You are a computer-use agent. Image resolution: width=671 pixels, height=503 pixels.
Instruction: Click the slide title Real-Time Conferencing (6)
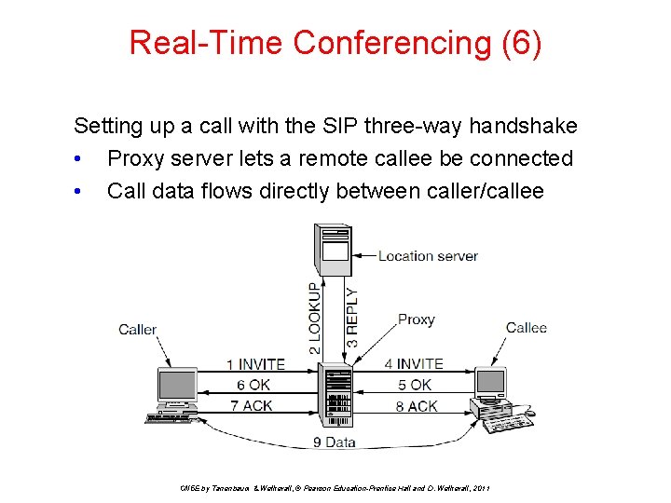click(x=335, y=43)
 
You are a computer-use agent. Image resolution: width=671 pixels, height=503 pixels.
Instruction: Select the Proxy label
click(x=416, y=319)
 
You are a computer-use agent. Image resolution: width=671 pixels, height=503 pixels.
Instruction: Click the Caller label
click(x=137, y=329)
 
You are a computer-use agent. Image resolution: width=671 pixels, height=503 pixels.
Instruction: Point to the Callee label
click(x=526, y=327)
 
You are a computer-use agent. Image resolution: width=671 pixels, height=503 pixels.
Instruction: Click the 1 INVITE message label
click(x=255, y=364)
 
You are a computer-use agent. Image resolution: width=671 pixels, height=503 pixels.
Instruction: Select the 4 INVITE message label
click(x=414, y=364)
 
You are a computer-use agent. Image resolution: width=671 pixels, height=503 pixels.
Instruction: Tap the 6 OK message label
click(x=253, y=385)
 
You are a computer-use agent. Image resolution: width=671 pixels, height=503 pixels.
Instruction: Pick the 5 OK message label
click(x=415, y=385)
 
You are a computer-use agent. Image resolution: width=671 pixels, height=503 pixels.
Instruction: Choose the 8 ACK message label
click(x=416, y=405)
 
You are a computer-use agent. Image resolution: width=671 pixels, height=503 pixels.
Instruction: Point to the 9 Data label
click(x=334, y=442)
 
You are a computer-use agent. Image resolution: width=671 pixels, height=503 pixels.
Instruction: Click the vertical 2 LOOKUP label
click(x=315, y=318)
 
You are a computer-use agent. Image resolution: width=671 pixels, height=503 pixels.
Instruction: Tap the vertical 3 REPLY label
click(x=351, y=318)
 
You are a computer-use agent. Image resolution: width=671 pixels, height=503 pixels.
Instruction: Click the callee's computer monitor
click(x=491, y=383)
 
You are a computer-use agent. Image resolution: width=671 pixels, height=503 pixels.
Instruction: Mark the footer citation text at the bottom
click(x=335, y=488)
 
